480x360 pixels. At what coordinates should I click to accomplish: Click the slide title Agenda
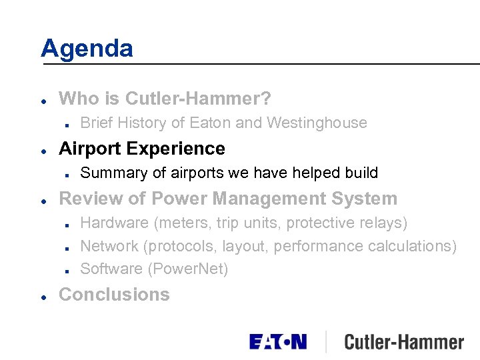pos(87,49)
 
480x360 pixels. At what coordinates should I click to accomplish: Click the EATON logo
pos(278,342)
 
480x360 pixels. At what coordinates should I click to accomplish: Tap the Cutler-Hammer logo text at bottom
pos(404,342)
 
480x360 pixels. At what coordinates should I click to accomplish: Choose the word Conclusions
pos(114,295)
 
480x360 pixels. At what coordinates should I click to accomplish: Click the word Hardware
pos(110,223)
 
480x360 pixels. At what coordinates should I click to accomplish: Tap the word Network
pos(109,246)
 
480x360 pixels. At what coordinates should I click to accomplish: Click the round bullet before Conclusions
pos(43,295)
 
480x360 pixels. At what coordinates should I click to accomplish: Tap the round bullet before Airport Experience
pos(43,149)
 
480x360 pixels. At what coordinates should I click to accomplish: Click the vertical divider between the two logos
pos(325,341)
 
